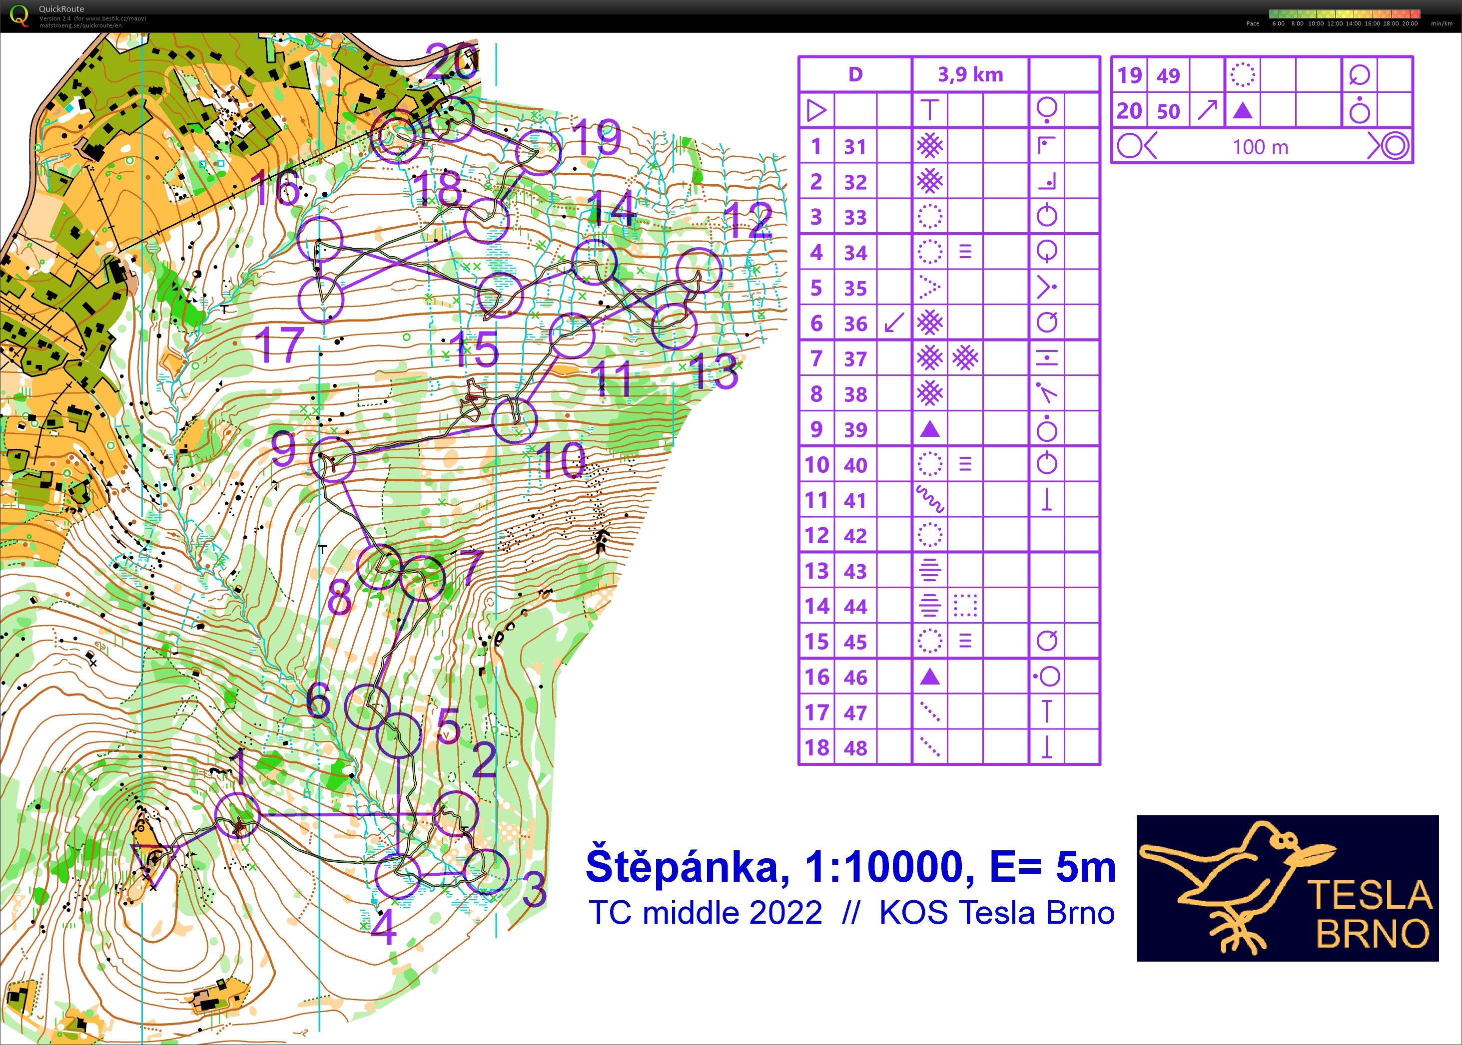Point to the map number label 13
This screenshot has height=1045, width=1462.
[x=714, y=372]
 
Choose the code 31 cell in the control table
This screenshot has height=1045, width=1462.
[x=855, y=147]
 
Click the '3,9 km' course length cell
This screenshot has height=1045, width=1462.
[x=970, y=75]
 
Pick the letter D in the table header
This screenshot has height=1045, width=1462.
[x=855, y=75]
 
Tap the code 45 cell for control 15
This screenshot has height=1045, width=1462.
[x=855, y=642]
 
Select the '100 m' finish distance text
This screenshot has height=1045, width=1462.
[x=1260, y=147]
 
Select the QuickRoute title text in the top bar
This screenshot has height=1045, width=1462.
[x=61, y=9]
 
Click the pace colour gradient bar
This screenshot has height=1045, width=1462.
[x=1344, y=13]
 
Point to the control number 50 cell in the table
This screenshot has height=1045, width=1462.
[x=1168, y=111]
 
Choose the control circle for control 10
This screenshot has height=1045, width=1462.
[x=514, y=420]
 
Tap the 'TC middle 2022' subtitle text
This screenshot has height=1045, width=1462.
[x=706, y=913]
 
